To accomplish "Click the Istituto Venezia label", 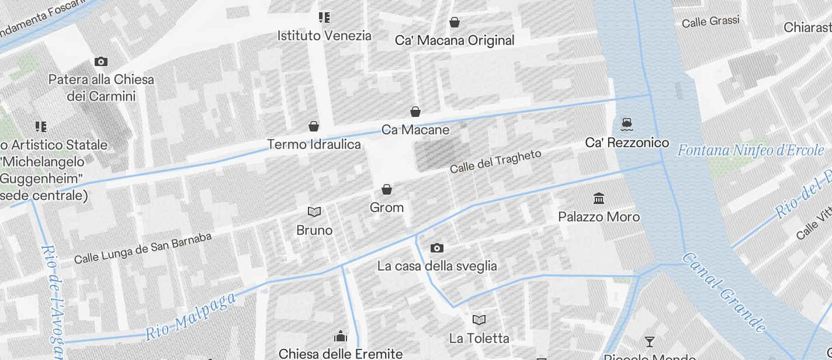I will point(324,36).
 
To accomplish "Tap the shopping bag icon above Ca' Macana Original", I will point(455,23).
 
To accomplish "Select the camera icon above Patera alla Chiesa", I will point(101,61).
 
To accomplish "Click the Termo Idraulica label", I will point(314,144).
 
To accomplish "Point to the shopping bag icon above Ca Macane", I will point(415,112).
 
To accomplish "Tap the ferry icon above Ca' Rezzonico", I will point(628,123).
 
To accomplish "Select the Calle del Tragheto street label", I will point(495,161).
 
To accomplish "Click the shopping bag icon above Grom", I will point(386,189).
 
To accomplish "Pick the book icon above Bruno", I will point(314,212).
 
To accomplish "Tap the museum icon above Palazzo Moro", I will point(599,199).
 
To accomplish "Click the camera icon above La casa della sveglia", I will point(436,248).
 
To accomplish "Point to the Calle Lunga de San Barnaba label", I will point(143,248).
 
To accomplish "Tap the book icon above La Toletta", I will point(479,320).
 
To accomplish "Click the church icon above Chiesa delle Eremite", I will point(341,336).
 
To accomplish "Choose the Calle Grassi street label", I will point(710,22).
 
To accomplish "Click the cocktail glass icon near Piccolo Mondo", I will point(649,341).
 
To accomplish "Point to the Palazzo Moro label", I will point(599,217).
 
